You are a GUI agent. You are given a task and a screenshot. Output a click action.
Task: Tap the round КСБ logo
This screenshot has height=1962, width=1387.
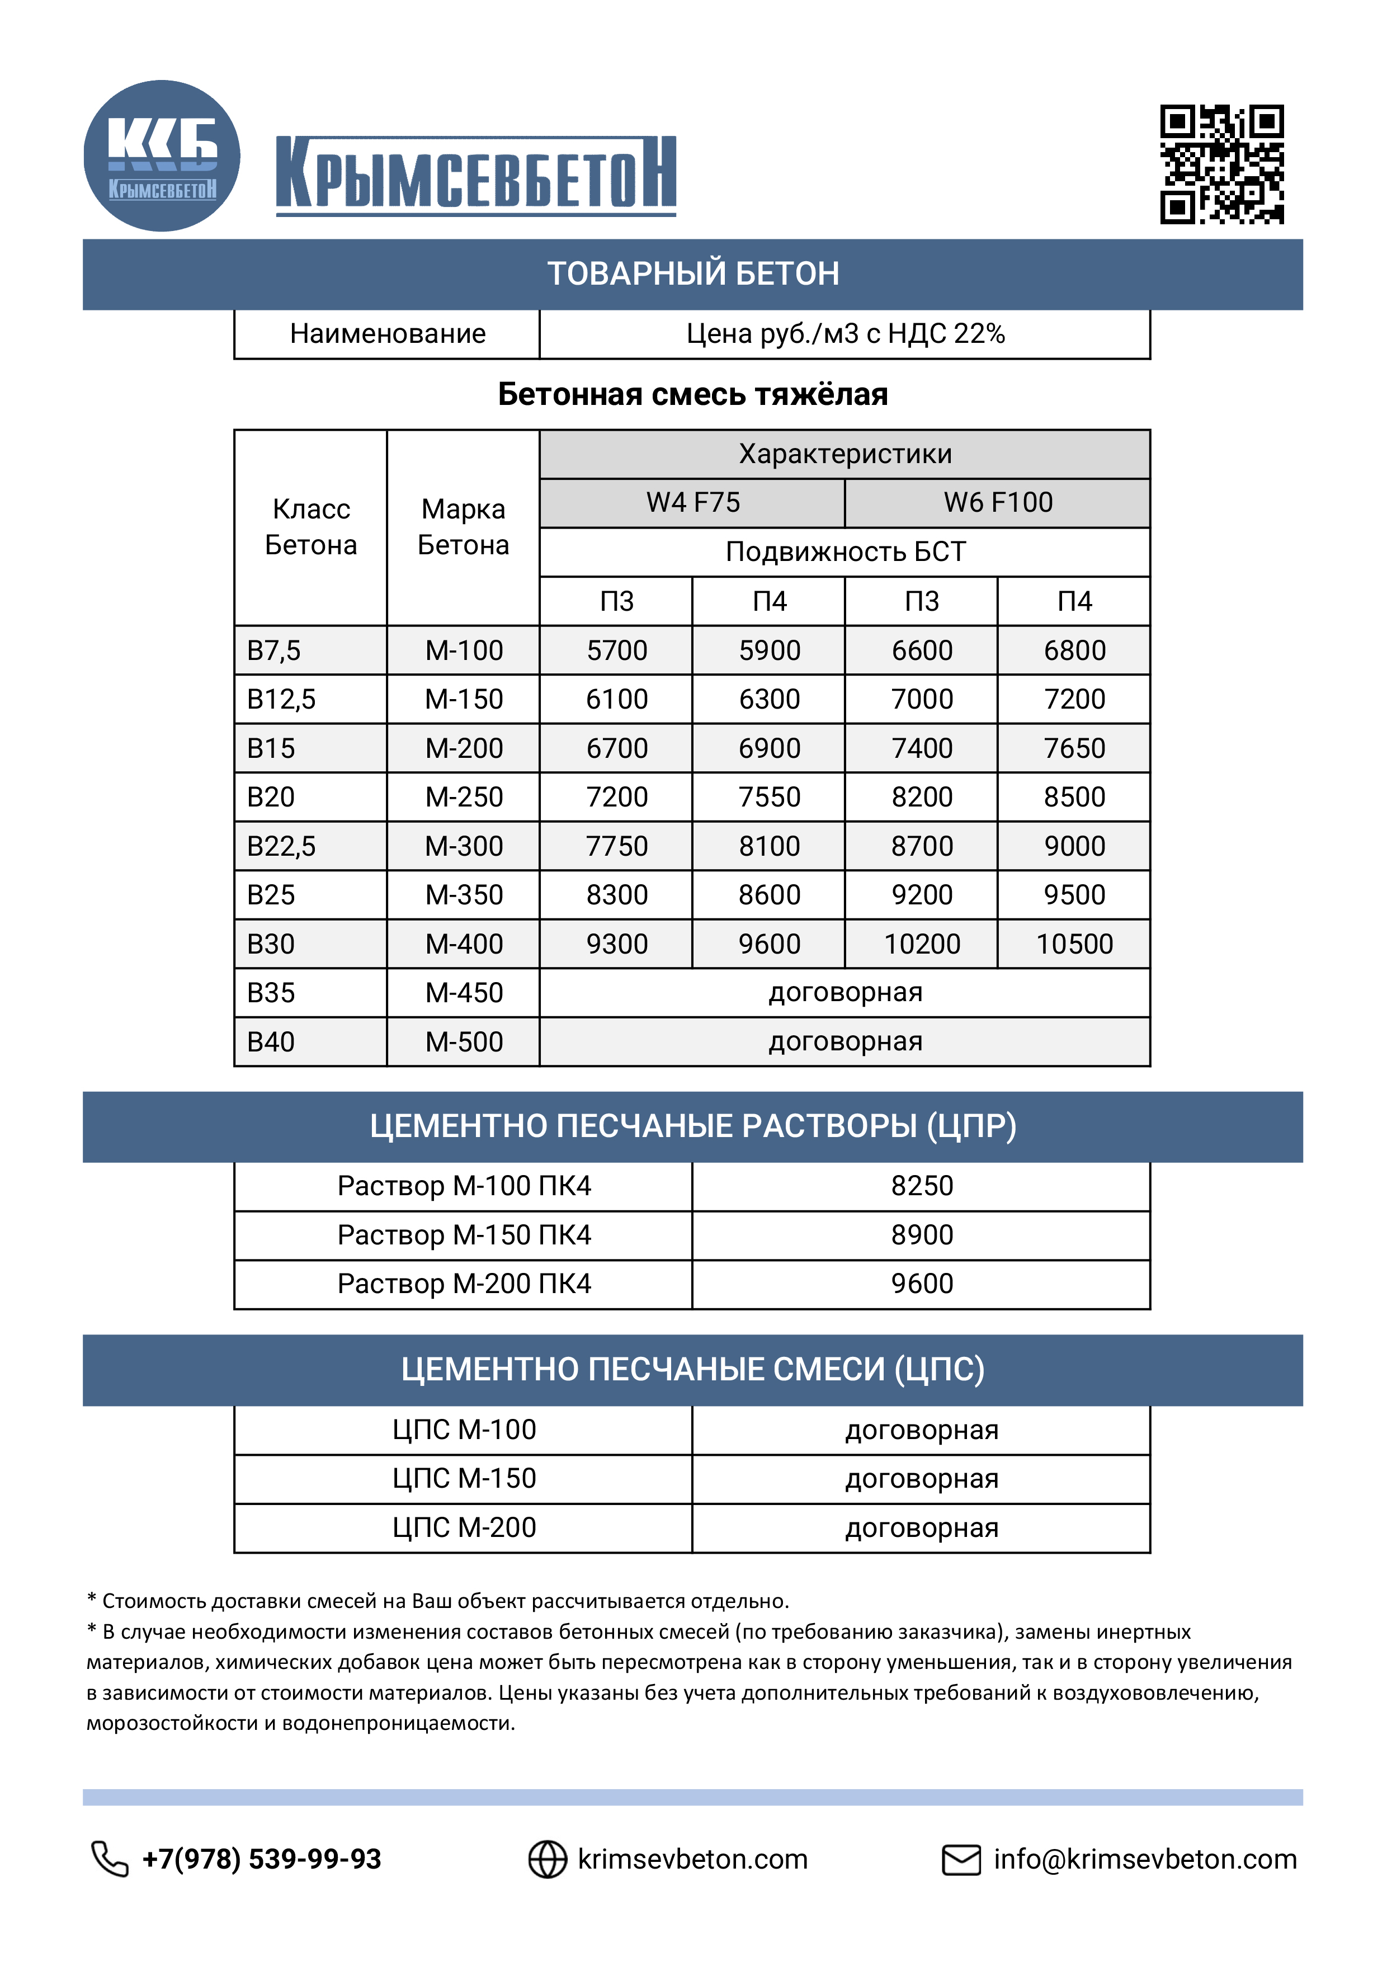coord(162,155)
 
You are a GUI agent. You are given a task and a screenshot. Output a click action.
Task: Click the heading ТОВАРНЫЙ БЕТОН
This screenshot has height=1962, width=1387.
coord(693,274)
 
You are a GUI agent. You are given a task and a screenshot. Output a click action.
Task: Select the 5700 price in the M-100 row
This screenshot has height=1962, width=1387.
coord(616,650)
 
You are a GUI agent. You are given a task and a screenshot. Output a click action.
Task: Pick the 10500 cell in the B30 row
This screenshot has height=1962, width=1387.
coord(1074,944)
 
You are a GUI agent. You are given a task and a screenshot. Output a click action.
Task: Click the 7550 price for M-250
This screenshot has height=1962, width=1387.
coord(769,798)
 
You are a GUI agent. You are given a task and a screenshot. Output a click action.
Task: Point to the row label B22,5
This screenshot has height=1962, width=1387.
coord(281,846)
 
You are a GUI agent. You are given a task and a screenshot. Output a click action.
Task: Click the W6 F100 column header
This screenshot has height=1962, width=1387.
coord(997,502)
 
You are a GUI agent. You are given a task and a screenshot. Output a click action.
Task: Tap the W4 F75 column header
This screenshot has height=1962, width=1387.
coord(692,502)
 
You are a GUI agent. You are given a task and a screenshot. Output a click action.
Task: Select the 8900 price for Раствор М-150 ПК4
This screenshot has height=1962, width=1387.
coord(921,1235)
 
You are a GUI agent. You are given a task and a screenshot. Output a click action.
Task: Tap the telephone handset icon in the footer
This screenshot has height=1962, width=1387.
coord(110,1859)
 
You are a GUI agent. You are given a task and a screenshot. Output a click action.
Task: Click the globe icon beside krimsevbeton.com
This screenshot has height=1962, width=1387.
coord(547,1859)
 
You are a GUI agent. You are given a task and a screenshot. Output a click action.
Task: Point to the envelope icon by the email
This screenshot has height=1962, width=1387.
coord(961,1859)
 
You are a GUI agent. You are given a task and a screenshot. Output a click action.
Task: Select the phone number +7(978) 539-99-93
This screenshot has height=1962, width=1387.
coord(262,1859)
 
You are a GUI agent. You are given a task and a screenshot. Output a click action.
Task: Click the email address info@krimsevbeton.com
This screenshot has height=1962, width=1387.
coord(1144,1859)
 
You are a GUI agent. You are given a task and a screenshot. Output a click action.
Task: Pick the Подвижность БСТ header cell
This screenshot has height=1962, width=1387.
coord(845,552)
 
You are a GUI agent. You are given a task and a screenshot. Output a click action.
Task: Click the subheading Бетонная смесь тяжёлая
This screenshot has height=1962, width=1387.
coord(693,394)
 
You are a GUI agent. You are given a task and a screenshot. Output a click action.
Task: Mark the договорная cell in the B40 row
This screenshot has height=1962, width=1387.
coord(845,1041)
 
